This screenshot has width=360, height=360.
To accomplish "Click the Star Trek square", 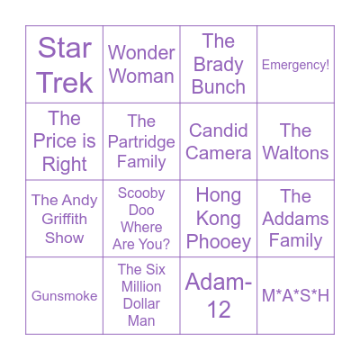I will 64,64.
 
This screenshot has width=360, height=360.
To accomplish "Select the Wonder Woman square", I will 141,64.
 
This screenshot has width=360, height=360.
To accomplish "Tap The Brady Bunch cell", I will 219,64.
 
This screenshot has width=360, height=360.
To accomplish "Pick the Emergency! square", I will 295,64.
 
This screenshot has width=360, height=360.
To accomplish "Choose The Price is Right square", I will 64,141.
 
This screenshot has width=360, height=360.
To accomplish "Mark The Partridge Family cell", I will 141,141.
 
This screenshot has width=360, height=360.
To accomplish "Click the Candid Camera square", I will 219,141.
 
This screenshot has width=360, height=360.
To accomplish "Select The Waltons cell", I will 295,141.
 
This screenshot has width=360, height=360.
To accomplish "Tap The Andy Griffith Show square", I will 64,219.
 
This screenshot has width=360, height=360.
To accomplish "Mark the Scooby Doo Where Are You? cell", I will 141,219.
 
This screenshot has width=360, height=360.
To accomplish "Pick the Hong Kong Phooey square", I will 219,219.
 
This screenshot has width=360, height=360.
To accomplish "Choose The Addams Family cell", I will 295,219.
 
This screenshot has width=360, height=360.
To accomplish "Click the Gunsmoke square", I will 64,295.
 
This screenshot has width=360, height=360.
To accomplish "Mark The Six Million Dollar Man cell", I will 141,295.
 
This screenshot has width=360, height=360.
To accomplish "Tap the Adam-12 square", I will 219,295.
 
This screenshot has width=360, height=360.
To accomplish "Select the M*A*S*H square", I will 295,295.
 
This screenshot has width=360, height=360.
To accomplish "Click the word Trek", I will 65,83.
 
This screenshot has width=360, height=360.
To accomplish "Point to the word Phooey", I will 219,242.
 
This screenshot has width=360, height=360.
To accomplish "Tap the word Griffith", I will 64,219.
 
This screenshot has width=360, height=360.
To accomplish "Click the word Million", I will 141,286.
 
